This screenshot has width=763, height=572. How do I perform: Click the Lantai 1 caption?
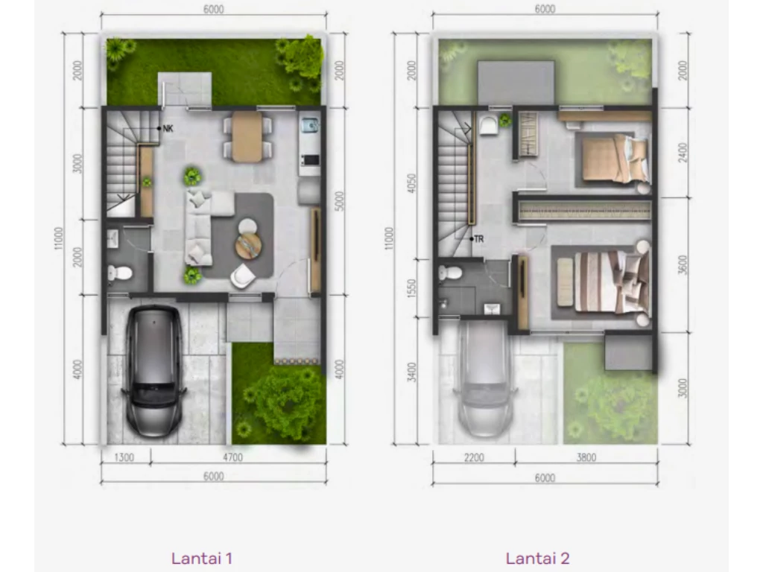pyautogui.click(x=201, y=558)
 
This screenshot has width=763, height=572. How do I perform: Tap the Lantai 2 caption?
pyautogui.click(x=538, y=558)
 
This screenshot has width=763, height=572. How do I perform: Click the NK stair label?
pyautogui.click(x=168, y=128)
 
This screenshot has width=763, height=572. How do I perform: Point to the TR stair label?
pyautogui.click(x=479, y=239)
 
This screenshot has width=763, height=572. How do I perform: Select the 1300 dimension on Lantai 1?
pyautogui.click(x=124, y=457)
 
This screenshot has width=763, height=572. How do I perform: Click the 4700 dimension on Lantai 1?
pyautogui.click(x=232, y=457)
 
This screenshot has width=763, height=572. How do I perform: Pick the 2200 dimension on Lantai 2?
pyautogui.click(x=474, y=457)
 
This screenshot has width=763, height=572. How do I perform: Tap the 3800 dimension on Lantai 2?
pyautogui.click(x=586, y=457)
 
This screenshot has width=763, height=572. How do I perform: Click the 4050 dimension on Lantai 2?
pyautogui.click(x=411, y=183)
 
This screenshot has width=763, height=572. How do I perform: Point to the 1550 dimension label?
pyautogui.click(x=411, y=288)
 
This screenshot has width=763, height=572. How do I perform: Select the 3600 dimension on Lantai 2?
pyautogui.click(x=683, y=265)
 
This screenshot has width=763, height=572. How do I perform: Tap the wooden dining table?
pyautogui.click(x=247, y=137)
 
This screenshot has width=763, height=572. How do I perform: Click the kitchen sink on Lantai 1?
pyautogui.click(x=309, y=126)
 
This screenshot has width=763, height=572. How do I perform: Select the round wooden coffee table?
pyautogui.click(x=248, y=245)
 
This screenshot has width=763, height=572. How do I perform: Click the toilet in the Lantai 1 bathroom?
pyautogui.click(x=120, y=273)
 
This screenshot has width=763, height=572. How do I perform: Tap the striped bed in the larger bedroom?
pyautogui.click(x=612, y=281)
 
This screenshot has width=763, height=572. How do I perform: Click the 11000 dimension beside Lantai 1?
pyautogui.click(x=58, y=238)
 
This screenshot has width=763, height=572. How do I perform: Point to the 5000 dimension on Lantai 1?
pyautogui.click(x=339, y=201)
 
